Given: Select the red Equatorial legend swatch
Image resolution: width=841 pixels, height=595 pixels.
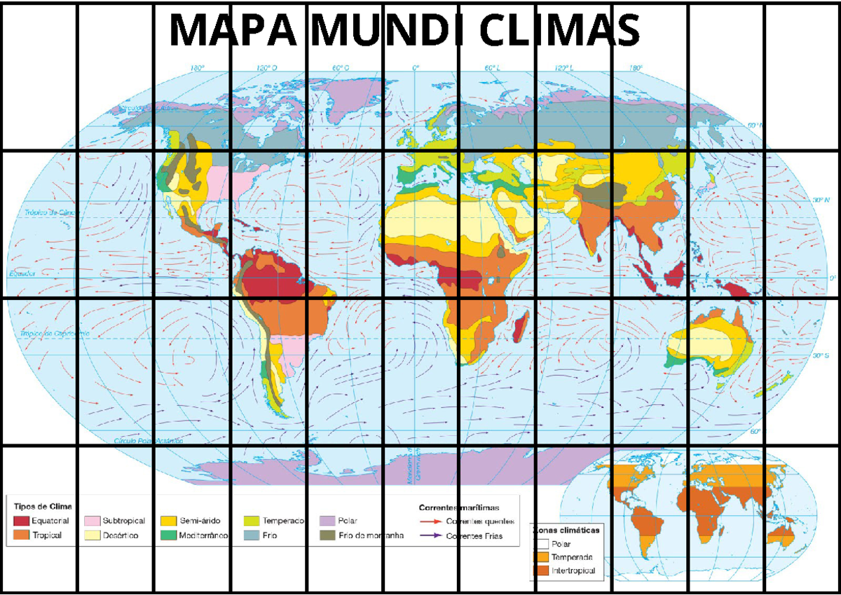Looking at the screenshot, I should pos(22,521).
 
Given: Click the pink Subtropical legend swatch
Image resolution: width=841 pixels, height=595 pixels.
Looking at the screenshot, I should pos(92,521).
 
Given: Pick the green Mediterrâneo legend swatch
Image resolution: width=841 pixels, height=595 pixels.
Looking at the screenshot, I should pos(168,535).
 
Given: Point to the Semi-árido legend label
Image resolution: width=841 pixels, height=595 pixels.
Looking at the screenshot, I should pos(200,521).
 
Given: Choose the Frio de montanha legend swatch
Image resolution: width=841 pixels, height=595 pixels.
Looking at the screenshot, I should pos(327,535).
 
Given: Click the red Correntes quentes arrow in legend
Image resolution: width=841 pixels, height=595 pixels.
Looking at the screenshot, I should pos(430,521).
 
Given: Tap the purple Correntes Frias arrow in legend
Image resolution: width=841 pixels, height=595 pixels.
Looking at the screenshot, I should pos(430,536).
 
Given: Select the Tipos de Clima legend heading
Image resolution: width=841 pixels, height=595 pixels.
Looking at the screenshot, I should pos(43,505).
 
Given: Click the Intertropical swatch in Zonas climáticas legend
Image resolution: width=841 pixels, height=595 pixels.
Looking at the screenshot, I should pos(542,570).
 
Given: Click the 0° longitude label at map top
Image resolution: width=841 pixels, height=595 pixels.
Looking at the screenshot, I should pos(416,69).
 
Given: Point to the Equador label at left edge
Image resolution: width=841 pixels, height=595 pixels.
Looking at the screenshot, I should pos(21,274).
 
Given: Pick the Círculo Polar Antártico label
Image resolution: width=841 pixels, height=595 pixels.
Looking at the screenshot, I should pos(148,442).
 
